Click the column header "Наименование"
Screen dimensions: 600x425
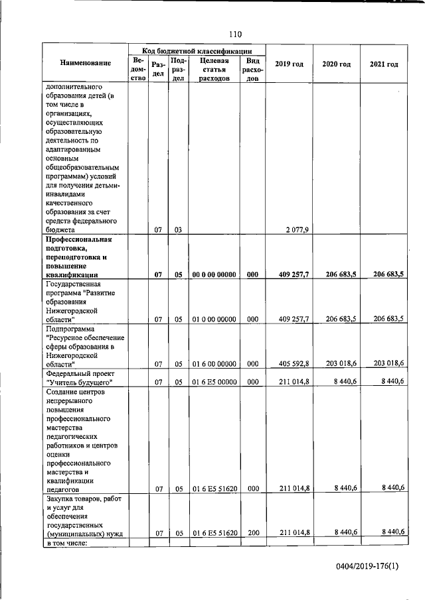click(85, 64)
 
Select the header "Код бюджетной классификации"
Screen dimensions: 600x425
click(197, 50)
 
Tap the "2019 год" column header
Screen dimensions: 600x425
click(289, 64)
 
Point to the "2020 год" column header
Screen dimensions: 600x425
click(336, 64)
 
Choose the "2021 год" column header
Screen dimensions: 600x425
click(384, 64)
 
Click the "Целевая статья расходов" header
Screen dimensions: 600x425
click(214, 68)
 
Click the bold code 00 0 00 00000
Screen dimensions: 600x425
click(214, 274)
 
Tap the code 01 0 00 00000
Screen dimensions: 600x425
click(214, 319)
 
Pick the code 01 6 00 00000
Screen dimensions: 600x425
click(214, 363)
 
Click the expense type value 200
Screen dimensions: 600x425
click(252, 532)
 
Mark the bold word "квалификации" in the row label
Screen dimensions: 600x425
click(72, 274)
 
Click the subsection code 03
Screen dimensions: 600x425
click(178, 229)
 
